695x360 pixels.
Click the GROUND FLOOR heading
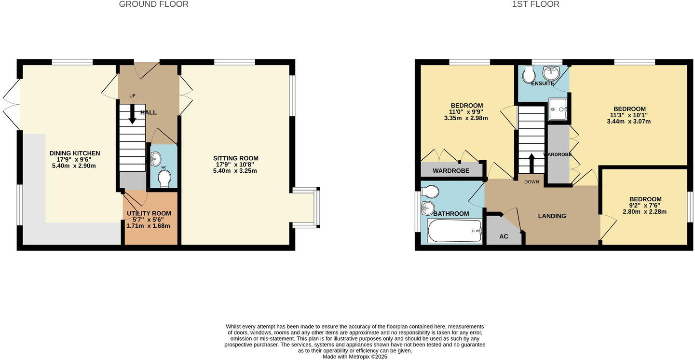point(153,4)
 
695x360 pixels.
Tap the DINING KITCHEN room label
point(75,153)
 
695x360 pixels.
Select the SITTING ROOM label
point(236,158)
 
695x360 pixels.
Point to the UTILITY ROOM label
point(149,213)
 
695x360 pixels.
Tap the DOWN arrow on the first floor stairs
point(531,163)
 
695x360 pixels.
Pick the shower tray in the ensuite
point(558,109)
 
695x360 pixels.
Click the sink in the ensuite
point(551,73)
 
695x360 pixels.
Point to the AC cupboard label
point(504,236)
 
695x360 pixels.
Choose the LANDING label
point(552,216)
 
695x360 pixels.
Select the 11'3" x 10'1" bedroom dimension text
point(628,115)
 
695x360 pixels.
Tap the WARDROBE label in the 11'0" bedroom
point(450,171)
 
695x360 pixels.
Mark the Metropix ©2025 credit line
point(354,357)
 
